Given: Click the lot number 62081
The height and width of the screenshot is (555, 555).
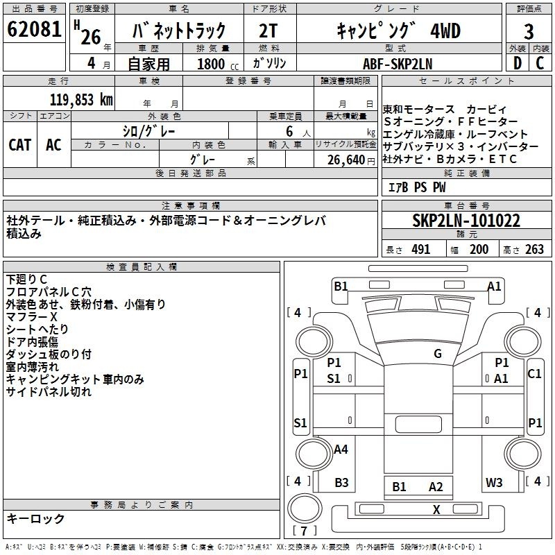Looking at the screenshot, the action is coord(34,29).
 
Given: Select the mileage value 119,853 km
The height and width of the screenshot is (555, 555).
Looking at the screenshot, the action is coord(81,100).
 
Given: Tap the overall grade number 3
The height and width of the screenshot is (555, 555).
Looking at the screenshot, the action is coord(529,31).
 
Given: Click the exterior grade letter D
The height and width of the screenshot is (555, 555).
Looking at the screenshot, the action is coord(518,63).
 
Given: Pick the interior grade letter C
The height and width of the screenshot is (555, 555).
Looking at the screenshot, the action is coord(540,63).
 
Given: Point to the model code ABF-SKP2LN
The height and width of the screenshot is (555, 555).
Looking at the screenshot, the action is coord(398,64).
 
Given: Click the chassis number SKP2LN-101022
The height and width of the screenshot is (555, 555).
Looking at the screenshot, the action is coord(466,221).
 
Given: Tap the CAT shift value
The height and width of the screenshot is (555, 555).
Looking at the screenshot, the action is coord(20,145).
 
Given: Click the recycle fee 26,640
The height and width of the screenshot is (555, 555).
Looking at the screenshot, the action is coord(346,160).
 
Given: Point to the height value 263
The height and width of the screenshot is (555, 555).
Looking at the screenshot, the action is coord(534,249).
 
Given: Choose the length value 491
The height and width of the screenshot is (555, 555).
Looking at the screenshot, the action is coord(421,249).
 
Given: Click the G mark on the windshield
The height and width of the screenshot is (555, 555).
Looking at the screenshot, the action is coord(438,353).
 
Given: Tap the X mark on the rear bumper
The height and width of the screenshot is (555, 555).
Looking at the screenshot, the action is coord(436,510).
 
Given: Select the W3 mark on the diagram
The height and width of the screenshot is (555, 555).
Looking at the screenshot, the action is coord(494,482).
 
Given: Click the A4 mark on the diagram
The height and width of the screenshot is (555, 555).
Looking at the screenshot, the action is coord(341,449).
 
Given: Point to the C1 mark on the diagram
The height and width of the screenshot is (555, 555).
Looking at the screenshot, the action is coord(534,373).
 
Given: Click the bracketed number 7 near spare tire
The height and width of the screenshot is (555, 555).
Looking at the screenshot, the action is coord(304,531).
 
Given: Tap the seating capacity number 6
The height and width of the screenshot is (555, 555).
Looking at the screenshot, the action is coord(289,131).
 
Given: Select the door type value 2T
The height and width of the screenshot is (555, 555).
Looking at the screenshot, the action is coord(268,31).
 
